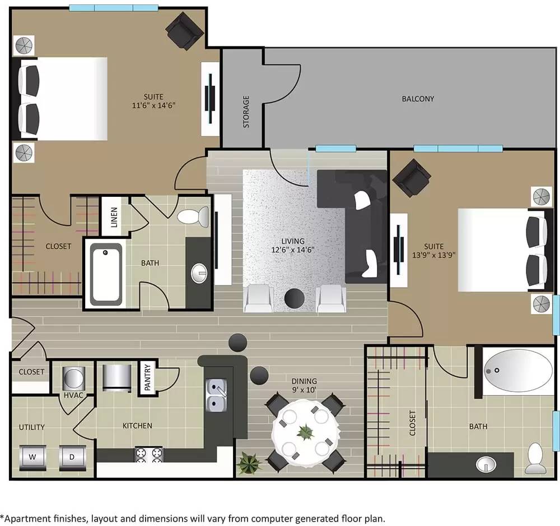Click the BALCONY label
[418, 99]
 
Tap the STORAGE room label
[246, 112]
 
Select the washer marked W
[32, 457]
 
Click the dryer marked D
[72, 457]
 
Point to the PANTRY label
[147, 378]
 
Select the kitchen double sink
[216, 395]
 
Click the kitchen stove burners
[148, 454]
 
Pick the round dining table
[305, 432]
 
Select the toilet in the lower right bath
[536, 458]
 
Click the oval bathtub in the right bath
[519, 371]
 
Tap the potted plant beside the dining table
[249, 463]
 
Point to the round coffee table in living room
[295, 298]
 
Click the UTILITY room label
[32, 427]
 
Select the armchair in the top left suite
[185, 30]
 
